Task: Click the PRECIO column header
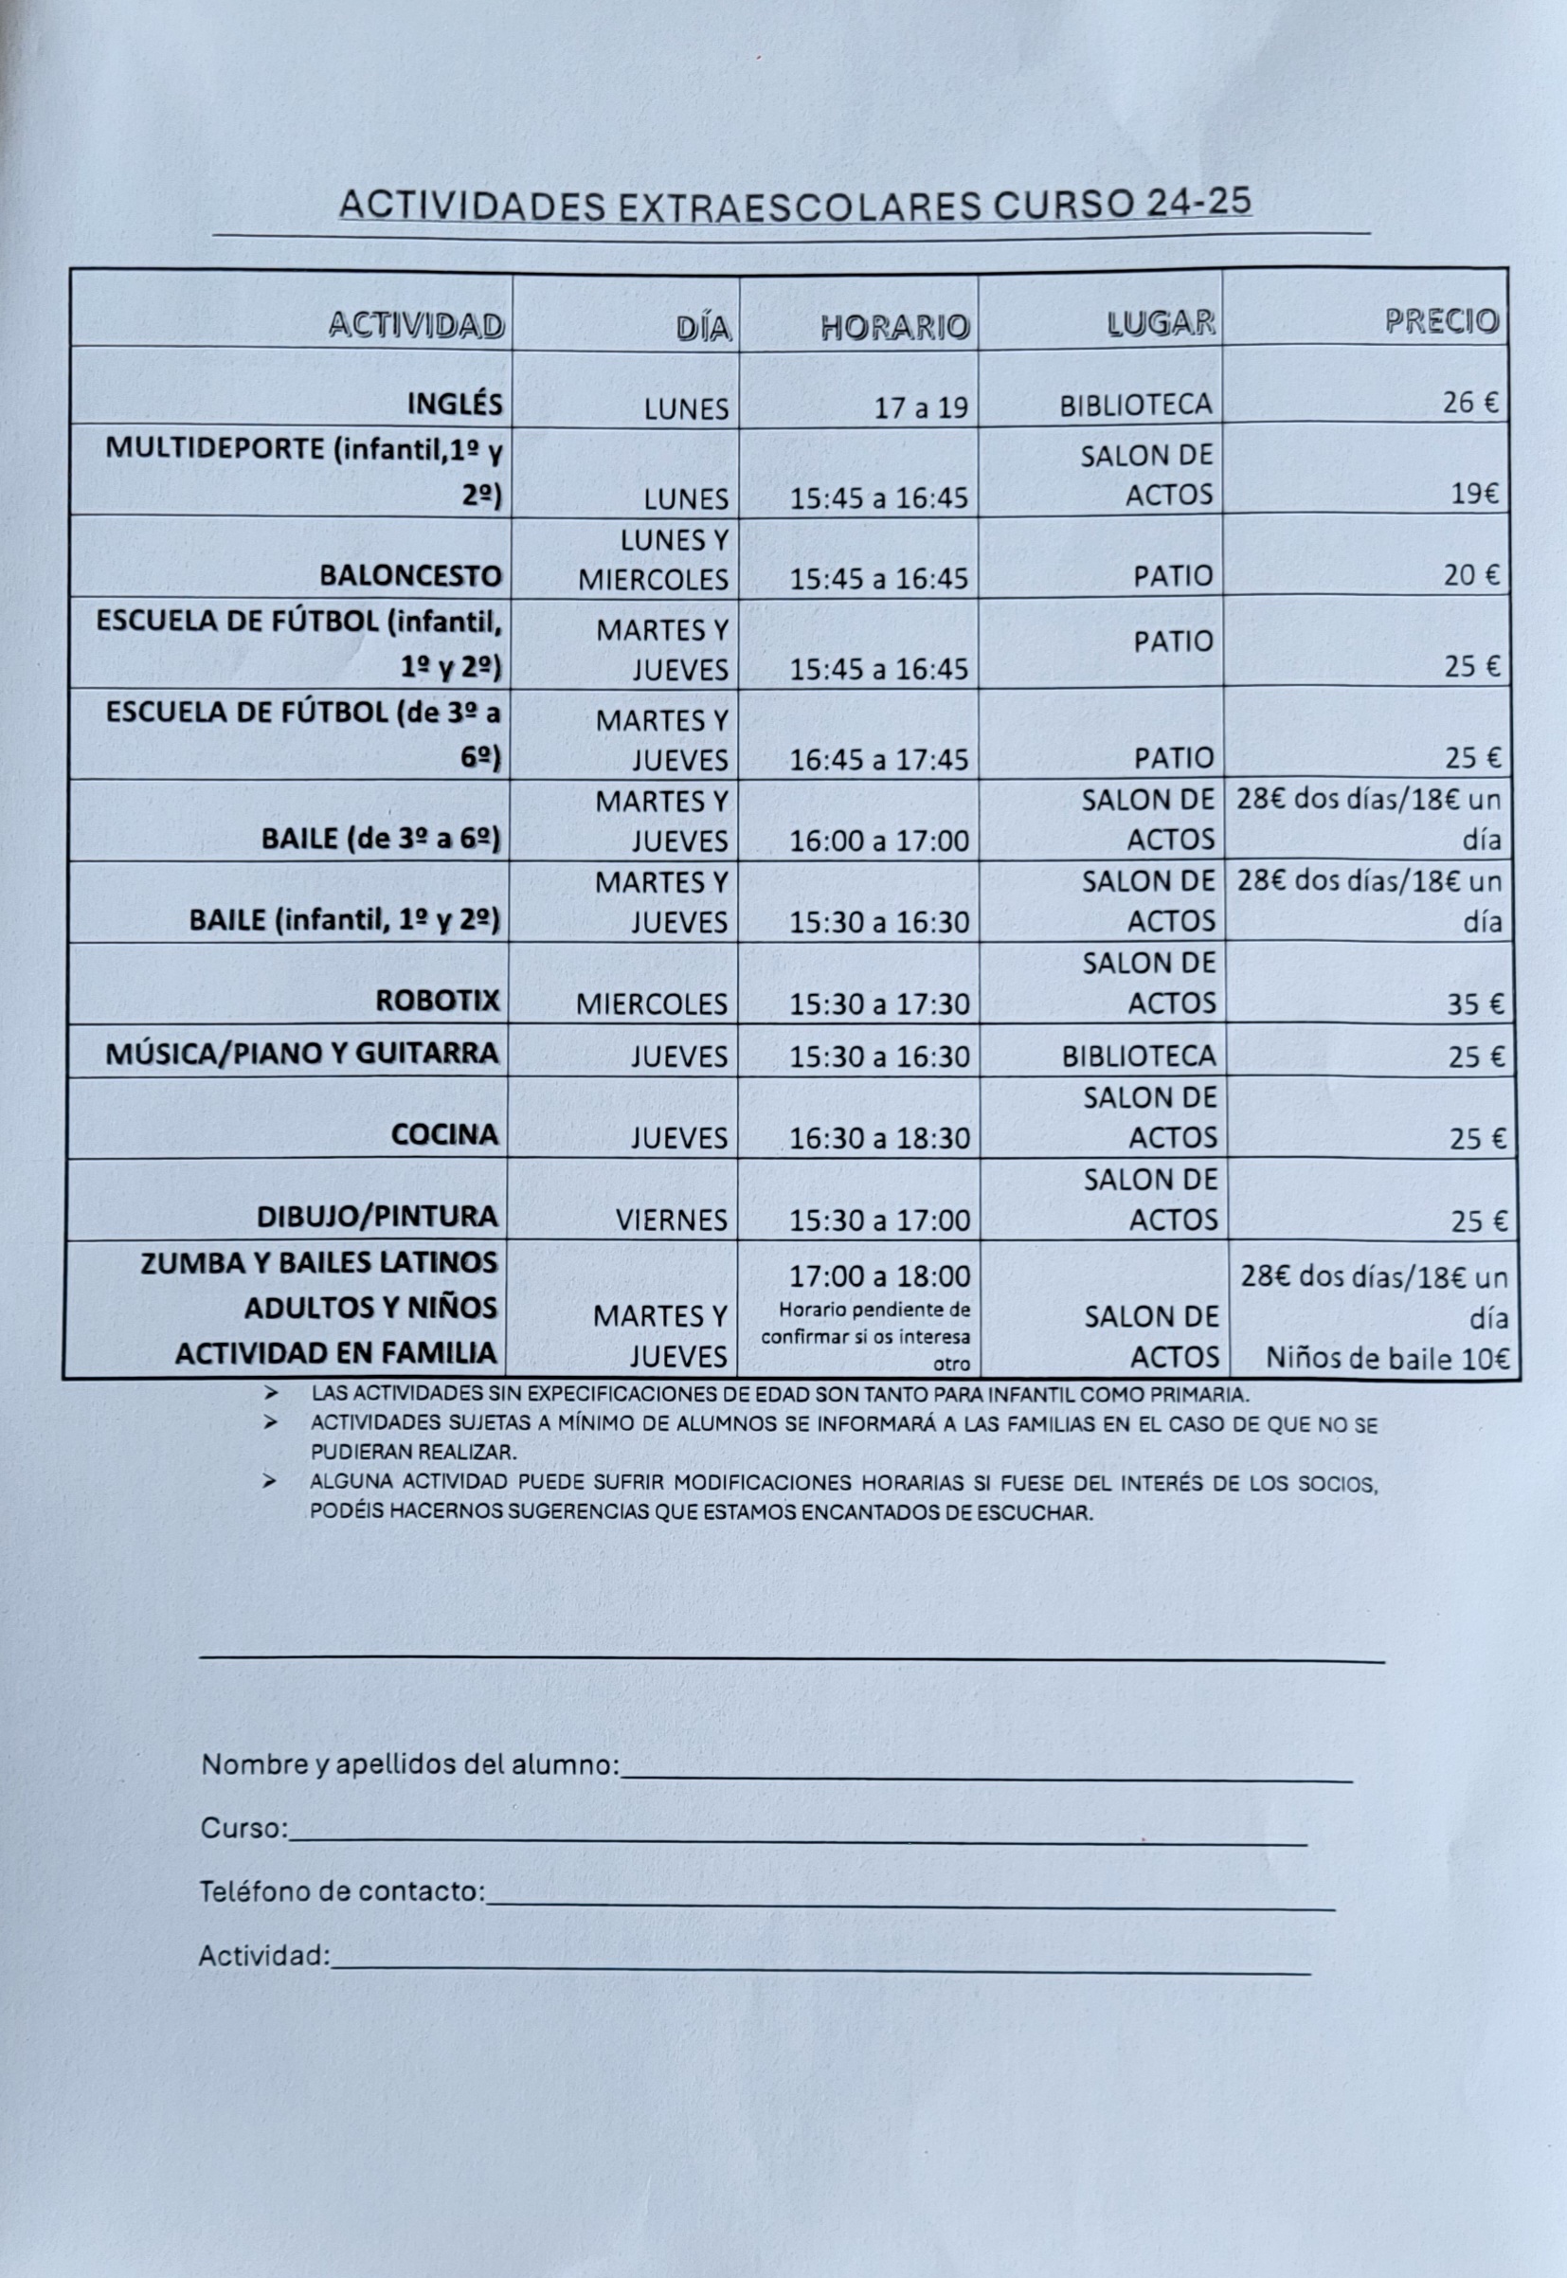click(x=1441, y=321)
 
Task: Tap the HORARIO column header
click(x=894, y=327)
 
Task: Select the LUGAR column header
click(x=1161, y=323)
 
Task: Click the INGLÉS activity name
click(x=455, y=404)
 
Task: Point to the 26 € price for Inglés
click(x=1470, y=404)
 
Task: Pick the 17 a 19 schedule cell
click(x=921, y=407)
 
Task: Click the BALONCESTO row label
click(x=410, y=575)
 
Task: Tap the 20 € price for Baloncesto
click(x=1470, y=575)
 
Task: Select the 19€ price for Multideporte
click(x=1475, y=494)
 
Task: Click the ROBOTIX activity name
click(x=438, y=1001)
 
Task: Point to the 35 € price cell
click(x=1477, y=1003)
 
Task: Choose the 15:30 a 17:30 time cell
click(x=880, y=1003)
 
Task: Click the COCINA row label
click(x=444, y=1135)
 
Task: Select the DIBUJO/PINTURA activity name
click(x=377, y=1217)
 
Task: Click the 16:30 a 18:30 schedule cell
click(x=880, y=1138)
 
